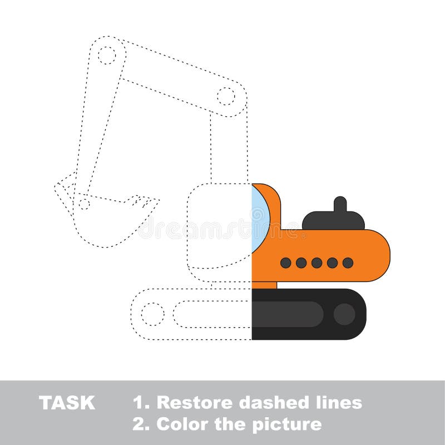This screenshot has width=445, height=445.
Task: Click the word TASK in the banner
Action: (x=67, y=403)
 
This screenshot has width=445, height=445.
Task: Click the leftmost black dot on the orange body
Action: (x=285, y=263)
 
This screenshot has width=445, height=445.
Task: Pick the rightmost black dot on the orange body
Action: (x=348, y=263)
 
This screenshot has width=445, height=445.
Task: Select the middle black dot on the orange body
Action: (x=317, y=263)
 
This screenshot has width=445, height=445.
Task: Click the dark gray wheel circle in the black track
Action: (x=344, y=314)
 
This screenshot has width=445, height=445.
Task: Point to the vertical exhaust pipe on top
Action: (x=340, y=205)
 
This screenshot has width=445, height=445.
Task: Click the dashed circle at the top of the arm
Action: (x=106, y=55)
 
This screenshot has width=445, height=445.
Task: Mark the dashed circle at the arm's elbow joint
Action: (x=226, y=96)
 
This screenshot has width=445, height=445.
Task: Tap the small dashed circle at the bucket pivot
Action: (x=84, y=204)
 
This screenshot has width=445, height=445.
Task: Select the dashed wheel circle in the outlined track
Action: (x=152, y=314)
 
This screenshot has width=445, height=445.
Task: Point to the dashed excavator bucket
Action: (x=106, y=220)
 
